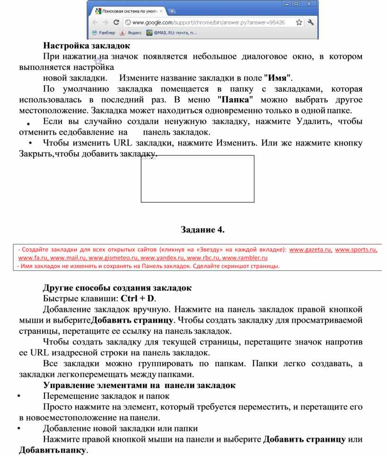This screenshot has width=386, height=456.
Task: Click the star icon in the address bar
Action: (x=299, y=22)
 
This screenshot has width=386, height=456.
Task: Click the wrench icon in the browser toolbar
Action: (x=311, y=22)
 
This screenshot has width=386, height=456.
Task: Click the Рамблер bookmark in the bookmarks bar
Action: (x=104, y=33)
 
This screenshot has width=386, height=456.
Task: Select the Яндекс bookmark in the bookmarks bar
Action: (x=132, y=33)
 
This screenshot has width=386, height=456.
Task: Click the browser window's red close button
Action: (x=309, y=4)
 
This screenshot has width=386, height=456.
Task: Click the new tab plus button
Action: (x=172, y=11)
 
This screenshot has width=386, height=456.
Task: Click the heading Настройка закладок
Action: (x=86, y=46)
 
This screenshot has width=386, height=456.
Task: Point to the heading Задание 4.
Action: (x=202, y=230)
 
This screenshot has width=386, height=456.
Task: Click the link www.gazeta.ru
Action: (x=310, y=250)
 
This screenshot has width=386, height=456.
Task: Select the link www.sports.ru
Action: (x=356, y=250)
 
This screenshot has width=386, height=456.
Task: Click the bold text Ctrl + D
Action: (x=138, y=299)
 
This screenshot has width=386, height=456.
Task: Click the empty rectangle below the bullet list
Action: (x=197, y=179)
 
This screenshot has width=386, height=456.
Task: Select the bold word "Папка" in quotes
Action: (x=235, y=100)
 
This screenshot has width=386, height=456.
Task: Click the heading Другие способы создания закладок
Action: (x=117, y=288)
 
